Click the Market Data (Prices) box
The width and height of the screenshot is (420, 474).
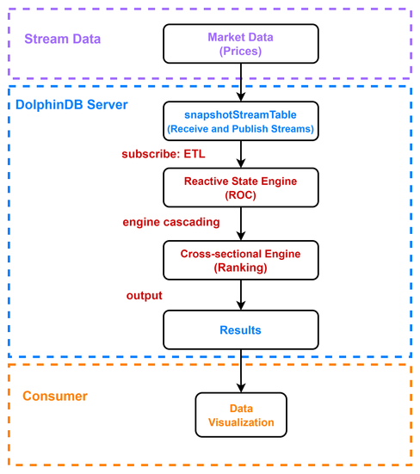[241, 44]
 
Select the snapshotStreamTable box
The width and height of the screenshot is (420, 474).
[241, 121]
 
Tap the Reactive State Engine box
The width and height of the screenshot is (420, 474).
[241, 188]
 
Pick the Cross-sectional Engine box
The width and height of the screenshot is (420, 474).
[241, 261]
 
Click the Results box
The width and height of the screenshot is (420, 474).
[241, 329]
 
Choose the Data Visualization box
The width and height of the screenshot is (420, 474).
[241, 415]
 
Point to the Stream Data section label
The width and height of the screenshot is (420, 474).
[63, 39]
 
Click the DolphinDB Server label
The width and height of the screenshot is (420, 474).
[71, 105]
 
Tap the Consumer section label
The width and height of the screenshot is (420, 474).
[55, 396]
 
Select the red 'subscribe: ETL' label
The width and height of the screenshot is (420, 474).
[164, 154]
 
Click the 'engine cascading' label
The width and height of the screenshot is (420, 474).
[171, 222]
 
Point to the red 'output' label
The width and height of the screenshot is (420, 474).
[145, 296]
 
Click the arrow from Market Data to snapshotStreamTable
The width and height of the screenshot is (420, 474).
[241, 83]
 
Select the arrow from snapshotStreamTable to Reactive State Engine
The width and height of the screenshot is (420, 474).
[241, 154]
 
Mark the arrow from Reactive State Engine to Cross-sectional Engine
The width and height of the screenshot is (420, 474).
[241, 224]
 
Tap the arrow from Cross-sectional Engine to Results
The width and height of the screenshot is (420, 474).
[241, 295]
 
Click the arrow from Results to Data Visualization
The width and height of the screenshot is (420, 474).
[241, 372]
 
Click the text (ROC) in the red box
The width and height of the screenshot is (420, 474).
[240, 195]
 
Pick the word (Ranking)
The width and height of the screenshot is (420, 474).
[240, 268]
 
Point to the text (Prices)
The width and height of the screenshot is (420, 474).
[240, 51]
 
